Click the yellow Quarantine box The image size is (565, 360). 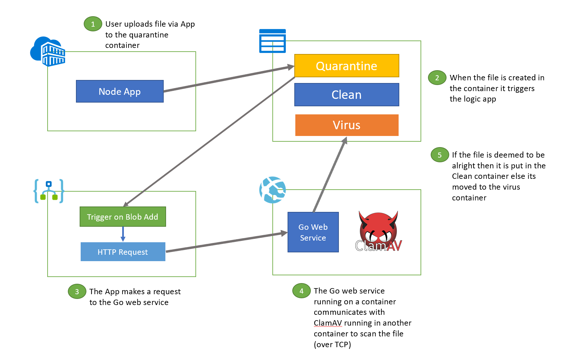point(347,66)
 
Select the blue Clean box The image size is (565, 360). point(347,95)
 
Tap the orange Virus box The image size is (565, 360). point(347,125)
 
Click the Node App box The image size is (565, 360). point(119,91)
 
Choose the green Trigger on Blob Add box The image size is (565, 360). point(123,217)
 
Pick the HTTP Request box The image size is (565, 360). point(123,252)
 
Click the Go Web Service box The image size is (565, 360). point(313,232)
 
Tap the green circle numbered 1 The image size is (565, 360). point(93,24)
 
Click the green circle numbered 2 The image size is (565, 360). point(437,78)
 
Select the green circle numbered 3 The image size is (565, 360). point(77,292)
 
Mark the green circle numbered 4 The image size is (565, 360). point(301,291)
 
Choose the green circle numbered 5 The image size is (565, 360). point(439,155)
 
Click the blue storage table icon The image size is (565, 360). point(272,41)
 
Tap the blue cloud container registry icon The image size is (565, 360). point(48,51)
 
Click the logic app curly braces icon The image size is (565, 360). point(49,191)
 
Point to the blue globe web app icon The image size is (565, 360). point(272,190)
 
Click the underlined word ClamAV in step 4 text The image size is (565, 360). point(328,323)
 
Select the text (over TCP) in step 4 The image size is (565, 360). point(332,344)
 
